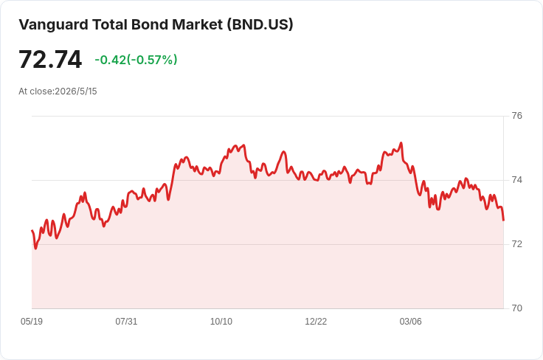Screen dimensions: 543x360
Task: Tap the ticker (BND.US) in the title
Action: pos(260,24)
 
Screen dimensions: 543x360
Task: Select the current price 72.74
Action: pos(50,59)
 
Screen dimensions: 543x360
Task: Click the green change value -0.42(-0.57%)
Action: pos(136,60)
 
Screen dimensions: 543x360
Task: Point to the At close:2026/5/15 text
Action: pos(58,91)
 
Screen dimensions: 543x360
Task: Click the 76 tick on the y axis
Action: pos(516,116)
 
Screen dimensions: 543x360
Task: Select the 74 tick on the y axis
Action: pos(516,180)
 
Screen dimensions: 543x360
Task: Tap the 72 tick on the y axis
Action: pos(516,244)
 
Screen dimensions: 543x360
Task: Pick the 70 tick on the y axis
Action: pos(516,308)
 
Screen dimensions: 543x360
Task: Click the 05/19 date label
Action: pos(32,322)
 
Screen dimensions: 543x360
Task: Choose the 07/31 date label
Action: pos(126,322)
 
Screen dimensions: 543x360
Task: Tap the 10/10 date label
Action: pos(221,322)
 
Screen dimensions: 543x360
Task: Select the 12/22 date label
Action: pos(316,322)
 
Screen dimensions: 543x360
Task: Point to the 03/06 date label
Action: pos(411,322)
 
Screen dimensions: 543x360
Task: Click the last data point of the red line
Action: pos(503,220)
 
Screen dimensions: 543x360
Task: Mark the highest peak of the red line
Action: pos(401,142)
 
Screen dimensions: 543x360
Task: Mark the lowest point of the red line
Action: pos(35,249)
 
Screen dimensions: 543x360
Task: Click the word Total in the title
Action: pos(110,24)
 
